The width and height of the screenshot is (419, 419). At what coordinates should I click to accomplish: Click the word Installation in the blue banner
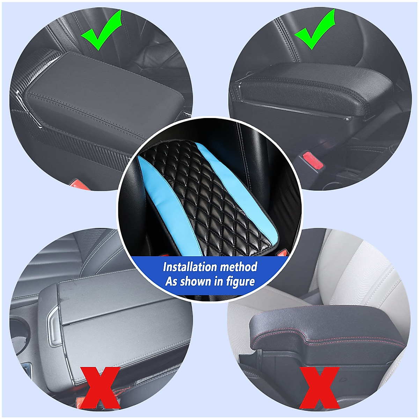tap(190, 267)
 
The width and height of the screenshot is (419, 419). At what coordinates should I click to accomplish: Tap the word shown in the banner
tap(197, 281)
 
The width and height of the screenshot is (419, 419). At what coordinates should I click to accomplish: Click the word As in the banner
tap(171, 281)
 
